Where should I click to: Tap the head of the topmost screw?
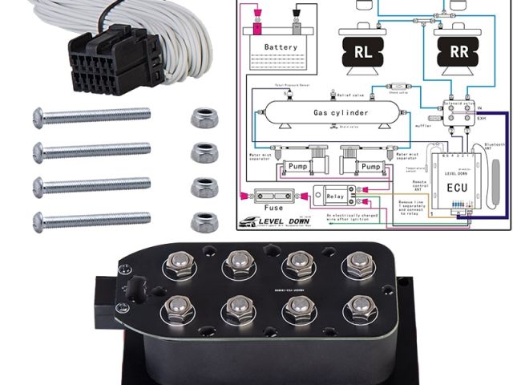click(38, 117)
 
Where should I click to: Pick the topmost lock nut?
click(202, 116)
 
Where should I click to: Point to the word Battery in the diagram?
click(281, 47)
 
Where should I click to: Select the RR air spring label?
click(458, 52)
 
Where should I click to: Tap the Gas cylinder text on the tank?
click(341, 113)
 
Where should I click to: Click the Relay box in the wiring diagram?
click(329, 194)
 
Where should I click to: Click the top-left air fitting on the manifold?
click(176, 262)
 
